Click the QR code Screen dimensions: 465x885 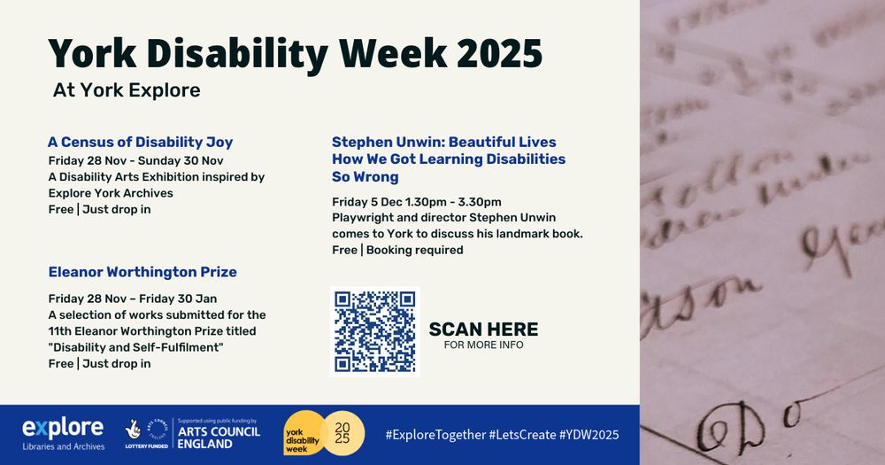[374, 331]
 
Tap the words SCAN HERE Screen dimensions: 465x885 [483, 329]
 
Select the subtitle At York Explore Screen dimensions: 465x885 [127, 90]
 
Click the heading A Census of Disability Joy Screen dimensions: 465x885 [140, 142]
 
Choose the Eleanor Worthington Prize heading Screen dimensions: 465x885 [142, 272]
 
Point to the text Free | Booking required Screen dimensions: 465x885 [397, 250]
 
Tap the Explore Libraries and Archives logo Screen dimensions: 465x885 [63, 434]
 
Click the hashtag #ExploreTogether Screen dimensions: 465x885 [435, 435]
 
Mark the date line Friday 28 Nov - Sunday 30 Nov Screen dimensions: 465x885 [135, 160]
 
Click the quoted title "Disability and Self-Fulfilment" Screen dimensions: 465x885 [135, 347]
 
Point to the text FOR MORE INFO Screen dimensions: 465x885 [483, 345]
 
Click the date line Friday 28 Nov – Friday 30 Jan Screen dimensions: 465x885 [132, 298]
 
